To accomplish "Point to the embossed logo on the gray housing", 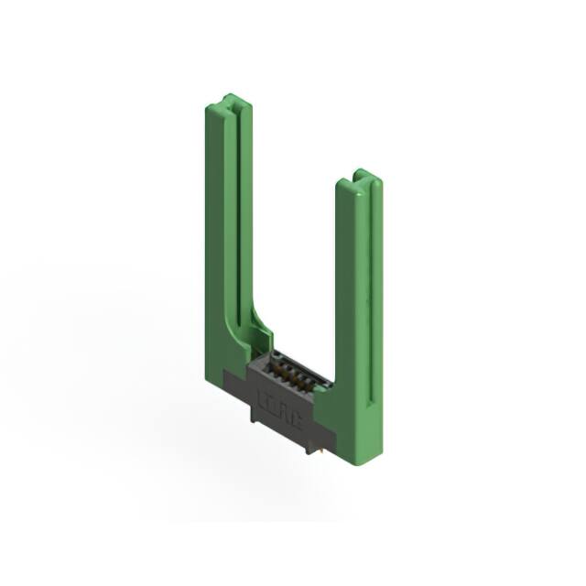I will [281, 403].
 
